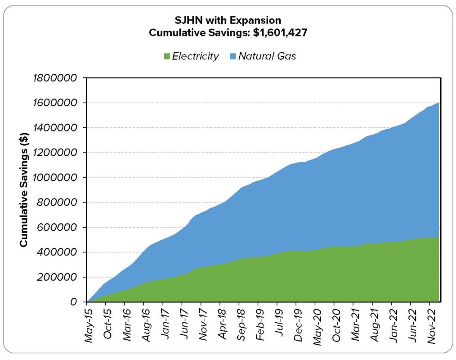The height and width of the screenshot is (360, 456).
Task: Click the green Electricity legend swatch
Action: tap(166, 56)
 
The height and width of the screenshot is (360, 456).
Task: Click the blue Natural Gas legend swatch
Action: tap(232, 56)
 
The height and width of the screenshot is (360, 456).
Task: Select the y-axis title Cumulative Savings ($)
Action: tap(24, 189)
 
